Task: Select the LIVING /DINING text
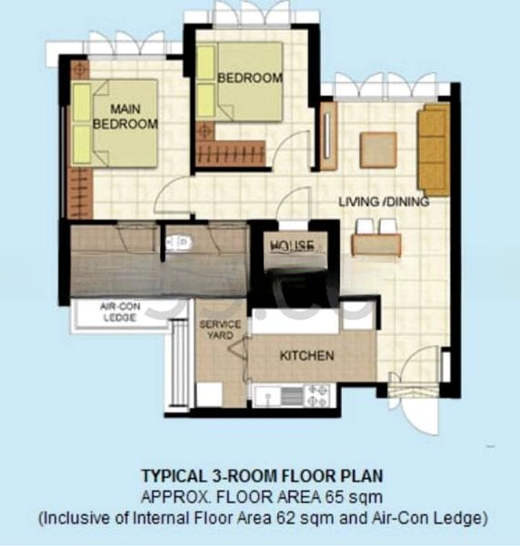coord(384,201)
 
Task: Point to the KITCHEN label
coord(306,355)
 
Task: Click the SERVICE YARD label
coord(221,329)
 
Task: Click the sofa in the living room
coord(434,148)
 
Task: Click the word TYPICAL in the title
coord(170,475)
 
